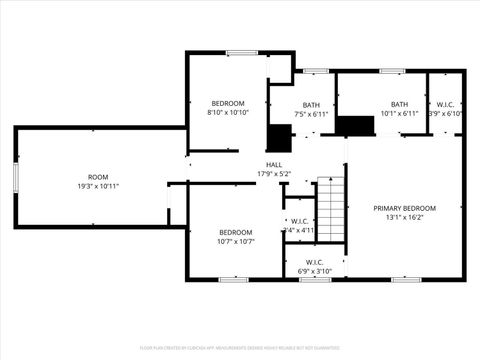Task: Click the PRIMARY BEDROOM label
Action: [404, 209]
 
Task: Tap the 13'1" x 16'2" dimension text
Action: [404, 218]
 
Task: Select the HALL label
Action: [273, 165]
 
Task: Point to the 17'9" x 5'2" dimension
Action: [273, 174]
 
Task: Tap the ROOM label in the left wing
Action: [98, 177]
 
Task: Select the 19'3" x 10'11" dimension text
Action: [98, 186]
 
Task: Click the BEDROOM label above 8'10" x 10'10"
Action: [227, 104]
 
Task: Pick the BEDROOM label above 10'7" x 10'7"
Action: [236, 232]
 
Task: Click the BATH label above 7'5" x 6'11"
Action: [312, 105]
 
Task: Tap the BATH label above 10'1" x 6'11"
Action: [399, 105]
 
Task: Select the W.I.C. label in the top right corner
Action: [446, 105]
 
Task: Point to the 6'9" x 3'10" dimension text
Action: [314, 270]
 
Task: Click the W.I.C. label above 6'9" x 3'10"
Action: [314, 261]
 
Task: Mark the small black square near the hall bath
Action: [277, 137]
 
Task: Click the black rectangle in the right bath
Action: [353, 126]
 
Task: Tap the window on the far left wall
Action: [15, 177]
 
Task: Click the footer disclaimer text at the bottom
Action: [240, 347]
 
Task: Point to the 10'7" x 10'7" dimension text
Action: [236, 241]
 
